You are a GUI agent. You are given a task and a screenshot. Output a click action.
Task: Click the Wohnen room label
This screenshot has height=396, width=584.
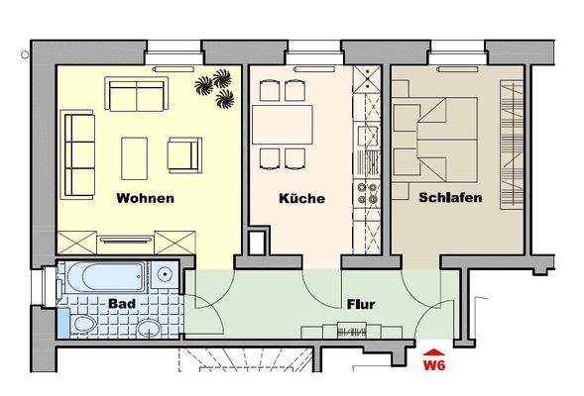145,198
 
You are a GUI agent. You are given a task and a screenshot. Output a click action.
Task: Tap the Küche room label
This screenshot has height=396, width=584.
301,199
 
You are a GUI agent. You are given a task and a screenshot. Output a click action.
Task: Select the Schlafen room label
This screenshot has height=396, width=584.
450,198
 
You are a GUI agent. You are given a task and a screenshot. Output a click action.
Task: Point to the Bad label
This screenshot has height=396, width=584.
122,303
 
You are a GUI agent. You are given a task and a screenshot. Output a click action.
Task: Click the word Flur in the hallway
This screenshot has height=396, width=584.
359,305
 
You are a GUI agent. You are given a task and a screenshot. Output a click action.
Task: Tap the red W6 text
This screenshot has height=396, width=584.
433,365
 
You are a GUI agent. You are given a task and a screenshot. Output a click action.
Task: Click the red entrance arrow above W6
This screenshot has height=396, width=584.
433,349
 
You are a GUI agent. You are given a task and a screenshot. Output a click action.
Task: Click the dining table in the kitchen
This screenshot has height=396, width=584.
281,125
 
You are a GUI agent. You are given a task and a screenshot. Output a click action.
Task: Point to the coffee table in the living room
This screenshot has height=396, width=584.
135,155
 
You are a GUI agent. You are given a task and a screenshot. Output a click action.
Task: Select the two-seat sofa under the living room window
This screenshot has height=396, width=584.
137,97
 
